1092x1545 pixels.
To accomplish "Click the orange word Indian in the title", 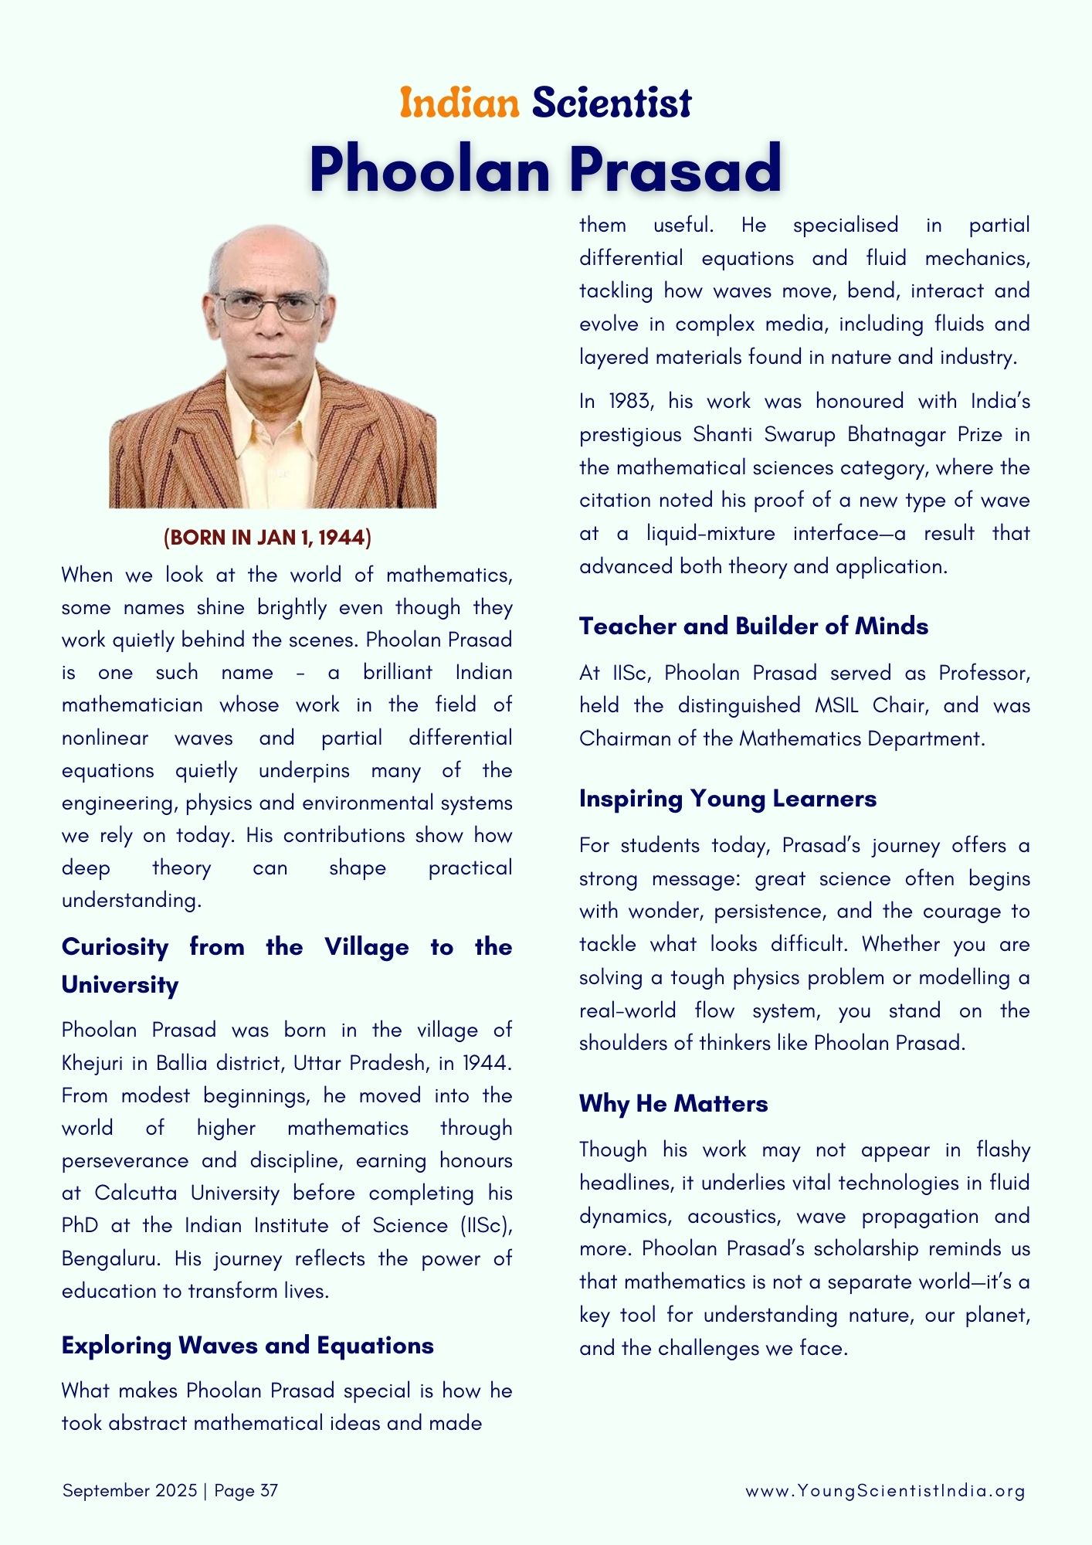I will (x=460, y=103).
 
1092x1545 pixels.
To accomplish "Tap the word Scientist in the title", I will (x=612, y=103).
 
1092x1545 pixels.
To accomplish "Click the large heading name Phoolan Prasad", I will (x=546, y=168).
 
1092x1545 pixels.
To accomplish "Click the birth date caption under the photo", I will (x=267, y=538).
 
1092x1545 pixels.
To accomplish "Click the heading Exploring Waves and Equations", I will (x=247, y=1346).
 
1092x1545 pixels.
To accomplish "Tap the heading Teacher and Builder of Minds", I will (x=754, y=626).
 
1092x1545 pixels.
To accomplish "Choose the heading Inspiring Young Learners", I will (x=727, y=798).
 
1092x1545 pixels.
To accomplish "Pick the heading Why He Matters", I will (x=673, y=1103).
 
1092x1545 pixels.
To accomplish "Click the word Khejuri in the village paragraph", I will (x=92, y=1064).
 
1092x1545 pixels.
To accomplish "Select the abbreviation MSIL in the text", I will (x=837, y=706).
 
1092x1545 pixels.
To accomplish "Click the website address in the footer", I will (x=885, y=1491).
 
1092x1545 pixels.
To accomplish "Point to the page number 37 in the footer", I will (x=269, y=1491).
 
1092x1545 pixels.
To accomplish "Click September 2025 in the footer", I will (x=130, y=1491).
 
